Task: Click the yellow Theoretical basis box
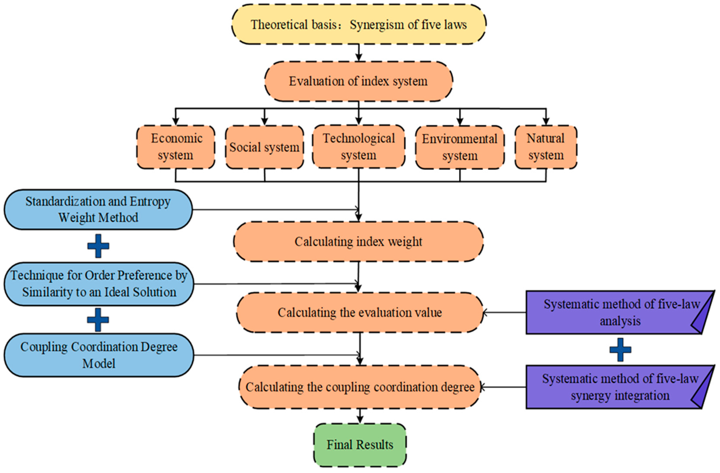click(359, 24)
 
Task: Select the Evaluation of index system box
click(359, 81)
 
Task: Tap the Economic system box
click(176, 147)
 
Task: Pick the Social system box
click(264, 147)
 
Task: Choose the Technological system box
click(359, 147)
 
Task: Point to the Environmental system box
click(460, 147)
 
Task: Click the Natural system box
click(546, 147)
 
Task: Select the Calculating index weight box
click(359, 242)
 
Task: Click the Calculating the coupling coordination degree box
click(360, 387)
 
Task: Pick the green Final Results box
click(360, 445)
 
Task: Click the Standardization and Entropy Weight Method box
click(98, 209)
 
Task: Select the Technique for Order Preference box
click(99, 284)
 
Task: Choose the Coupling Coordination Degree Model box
click(99, 355)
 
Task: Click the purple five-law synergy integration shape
click(617, 387)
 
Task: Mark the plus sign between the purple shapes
click(620, 350)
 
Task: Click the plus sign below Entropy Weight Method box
click(98, 246)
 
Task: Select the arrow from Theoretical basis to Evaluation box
click(359, 53)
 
